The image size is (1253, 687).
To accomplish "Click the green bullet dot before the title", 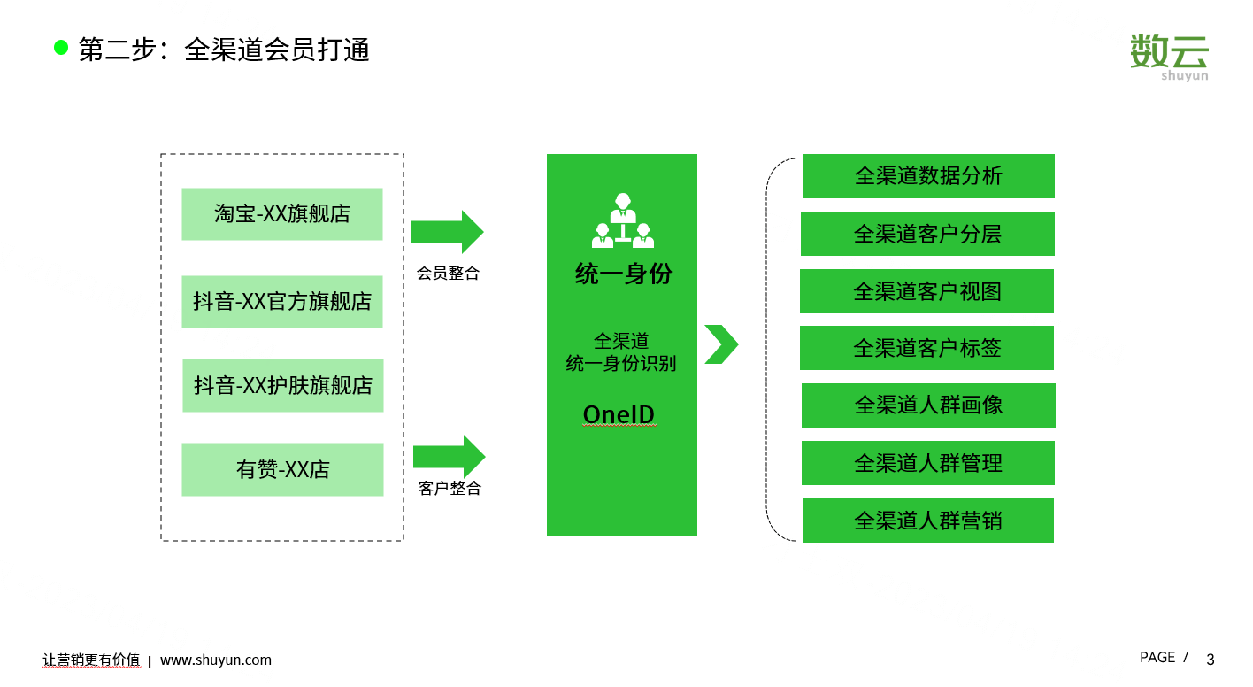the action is (61, 48).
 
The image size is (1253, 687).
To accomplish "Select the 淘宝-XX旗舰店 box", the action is (282, 214).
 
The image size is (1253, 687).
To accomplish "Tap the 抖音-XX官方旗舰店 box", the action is (282, 302).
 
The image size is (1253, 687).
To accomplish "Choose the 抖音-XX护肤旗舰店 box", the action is (283, 385).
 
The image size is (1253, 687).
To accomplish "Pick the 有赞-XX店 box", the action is (282, 469).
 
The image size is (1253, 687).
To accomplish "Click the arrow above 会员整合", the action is (448, 232).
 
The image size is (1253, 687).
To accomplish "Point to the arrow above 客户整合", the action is (450, 457).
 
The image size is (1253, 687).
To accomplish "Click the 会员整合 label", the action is (448, 273).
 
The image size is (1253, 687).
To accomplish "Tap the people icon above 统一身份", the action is (623, 220).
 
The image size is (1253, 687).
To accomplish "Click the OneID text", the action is (619, 414).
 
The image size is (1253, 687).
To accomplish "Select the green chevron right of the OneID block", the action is (721, 344).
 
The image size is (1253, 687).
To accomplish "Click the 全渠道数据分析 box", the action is (928, 176).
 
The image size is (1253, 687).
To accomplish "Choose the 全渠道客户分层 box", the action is (927, 234).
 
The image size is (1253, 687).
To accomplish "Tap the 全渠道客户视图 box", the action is (926, 291).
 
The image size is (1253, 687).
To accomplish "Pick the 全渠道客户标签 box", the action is (926, 348).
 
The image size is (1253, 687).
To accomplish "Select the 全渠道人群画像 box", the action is (928, 405).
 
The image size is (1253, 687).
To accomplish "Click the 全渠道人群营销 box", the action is (928, 521).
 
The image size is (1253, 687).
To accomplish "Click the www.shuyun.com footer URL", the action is (216, 660).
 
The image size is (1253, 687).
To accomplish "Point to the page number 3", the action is (1211, 660).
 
